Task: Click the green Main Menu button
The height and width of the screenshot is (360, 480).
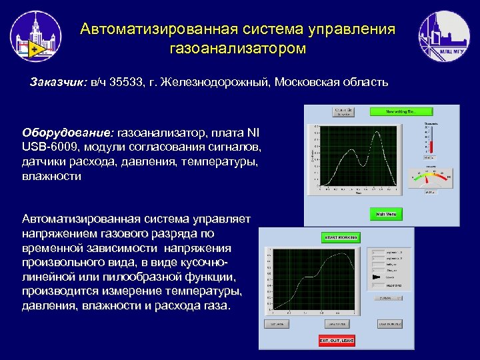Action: click(386, 214)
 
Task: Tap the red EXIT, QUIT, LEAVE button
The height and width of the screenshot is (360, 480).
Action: click(337, 341)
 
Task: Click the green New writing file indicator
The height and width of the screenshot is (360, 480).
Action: click(401, 112)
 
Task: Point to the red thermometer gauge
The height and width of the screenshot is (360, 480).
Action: click(431, 144)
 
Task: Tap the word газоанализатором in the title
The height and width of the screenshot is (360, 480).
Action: click(238, 48)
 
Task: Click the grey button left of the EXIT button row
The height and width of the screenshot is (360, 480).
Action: click(281, 325)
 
